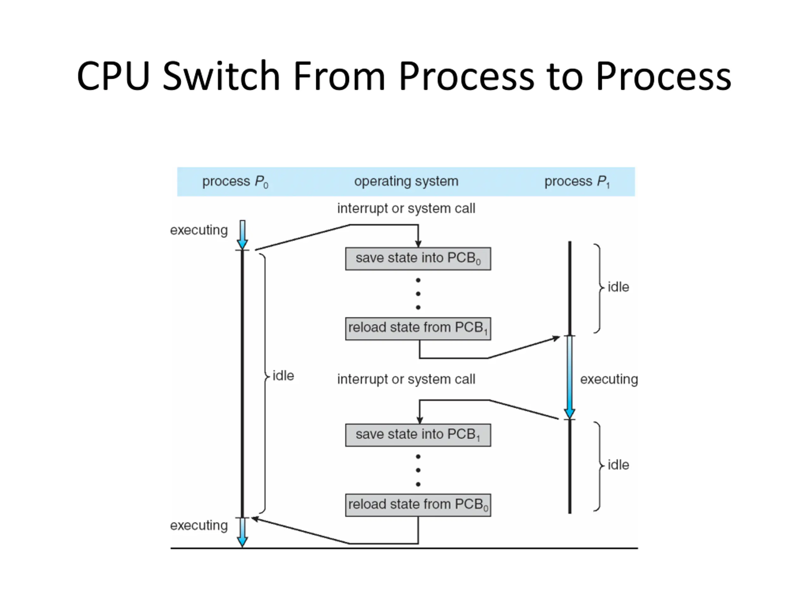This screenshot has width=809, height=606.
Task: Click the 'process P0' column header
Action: tap(235, 181)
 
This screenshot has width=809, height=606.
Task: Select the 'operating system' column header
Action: tap(406, 181)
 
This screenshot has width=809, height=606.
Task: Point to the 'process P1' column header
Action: tap(577, 181)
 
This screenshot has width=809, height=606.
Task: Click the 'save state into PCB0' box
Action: tap(418, 258)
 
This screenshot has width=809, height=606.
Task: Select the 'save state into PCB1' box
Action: tap(418, 435)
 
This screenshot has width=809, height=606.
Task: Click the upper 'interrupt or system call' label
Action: tap(406, 209)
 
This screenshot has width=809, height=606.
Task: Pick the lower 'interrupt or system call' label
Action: tap(406, 379)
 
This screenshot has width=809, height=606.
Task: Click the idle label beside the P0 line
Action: tap(283, 376)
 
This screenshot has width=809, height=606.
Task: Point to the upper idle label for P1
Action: tap(618, 287)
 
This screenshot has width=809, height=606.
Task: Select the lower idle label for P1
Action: tap(618, 465)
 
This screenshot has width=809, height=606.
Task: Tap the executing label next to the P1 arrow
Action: tap(609, 379)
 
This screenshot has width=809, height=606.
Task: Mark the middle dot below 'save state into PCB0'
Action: tap(418, 294)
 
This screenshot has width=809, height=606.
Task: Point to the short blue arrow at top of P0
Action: tap(242, 235)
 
